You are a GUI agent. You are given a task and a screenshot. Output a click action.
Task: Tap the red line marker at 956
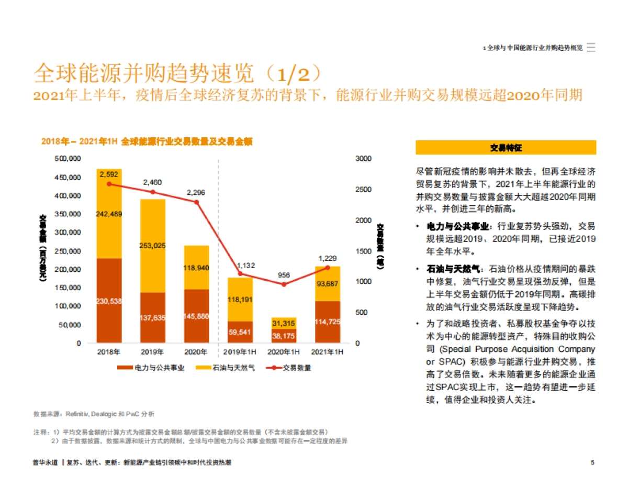click(284, 284)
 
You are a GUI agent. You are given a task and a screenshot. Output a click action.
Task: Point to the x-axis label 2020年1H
click(284, 352)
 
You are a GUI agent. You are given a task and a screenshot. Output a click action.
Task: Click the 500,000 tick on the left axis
click(68, 159)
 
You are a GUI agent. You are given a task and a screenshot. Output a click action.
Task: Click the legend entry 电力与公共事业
click(151, 368)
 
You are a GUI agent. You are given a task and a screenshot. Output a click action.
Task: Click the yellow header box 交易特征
click(506, 148)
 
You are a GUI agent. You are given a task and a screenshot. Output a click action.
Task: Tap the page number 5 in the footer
click(592, 462)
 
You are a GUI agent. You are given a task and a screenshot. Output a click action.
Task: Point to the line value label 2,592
click(109, 174)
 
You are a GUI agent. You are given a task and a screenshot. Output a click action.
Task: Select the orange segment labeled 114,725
click(328, 322)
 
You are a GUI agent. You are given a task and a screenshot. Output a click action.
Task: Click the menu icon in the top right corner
click(591, 47)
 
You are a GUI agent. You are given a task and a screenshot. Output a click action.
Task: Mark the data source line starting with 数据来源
click(94, 414)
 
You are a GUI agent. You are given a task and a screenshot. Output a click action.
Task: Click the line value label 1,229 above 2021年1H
click(328, 258)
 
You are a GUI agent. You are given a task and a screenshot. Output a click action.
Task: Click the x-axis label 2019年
click(153, 352)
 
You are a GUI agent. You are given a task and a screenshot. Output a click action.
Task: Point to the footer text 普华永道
click(44, 463)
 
